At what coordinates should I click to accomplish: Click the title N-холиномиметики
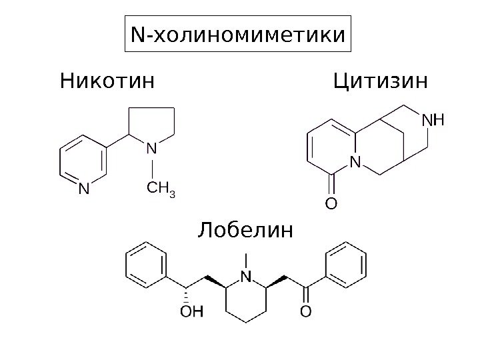(239, 34)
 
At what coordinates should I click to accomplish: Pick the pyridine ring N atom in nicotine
(83, 189)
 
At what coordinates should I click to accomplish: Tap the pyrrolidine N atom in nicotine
(153, 148)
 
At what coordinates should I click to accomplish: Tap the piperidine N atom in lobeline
(246, 275)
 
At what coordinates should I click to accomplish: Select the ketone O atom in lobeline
(305, 311)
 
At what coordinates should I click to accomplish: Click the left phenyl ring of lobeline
(146, 265)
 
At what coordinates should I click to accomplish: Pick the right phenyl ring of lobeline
(347, 265)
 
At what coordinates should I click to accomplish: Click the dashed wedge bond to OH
(187, 293)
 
